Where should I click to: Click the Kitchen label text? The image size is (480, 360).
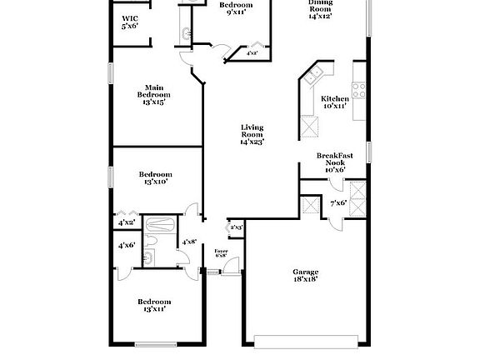click(x=335, y=99)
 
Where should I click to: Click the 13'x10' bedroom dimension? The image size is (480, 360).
click(x=156, y=182)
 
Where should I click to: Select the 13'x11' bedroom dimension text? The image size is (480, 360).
click(x=154, y=308)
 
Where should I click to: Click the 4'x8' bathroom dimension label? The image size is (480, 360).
click(x=189, y=242)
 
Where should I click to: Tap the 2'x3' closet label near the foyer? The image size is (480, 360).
click(x=235, y=227)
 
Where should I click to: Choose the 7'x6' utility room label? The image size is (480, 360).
click(x=338, y=203)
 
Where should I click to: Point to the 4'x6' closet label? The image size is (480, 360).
click(x=127, y=245)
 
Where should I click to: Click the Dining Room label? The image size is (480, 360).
click(x=321, y=11)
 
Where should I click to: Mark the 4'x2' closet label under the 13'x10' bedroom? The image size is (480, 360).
click(x=127, y=223)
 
